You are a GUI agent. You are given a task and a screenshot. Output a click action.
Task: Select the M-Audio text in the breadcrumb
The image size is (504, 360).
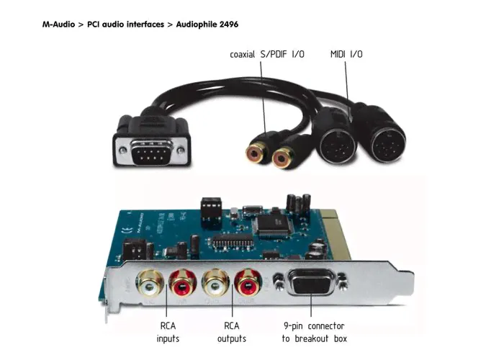tap(60, 24)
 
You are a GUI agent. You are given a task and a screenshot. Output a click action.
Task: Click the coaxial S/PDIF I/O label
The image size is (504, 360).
tap(267, 54)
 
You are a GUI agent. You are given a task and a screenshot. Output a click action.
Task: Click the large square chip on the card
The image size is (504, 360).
tap(272, 222)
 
